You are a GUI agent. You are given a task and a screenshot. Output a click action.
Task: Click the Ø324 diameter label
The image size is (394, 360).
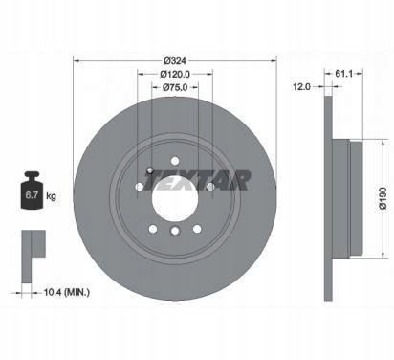point(175,60)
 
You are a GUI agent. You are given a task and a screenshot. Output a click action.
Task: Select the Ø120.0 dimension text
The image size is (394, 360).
point(175,74)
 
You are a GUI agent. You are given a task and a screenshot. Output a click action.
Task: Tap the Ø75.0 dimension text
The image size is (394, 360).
point(175,87)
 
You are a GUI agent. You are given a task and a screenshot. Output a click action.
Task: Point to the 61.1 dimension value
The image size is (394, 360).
point(343,74)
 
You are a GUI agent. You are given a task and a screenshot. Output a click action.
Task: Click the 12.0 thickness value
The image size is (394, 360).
point(301,86)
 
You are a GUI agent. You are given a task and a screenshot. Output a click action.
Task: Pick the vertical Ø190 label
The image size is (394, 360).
point(383,198)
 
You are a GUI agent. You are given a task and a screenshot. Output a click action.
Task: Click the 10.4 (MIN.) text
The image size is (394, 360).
point(66,292)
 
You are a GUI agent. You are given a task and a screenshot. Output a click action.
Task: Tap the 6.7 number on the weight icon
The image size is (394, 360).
point(32,195)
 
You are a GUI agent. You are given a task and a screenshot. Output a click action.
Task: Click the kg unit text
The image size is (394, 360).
point(51,195)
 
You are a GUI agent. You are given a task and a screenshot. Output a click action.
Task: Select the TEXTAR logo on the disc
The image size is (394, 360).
point(198,180)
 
